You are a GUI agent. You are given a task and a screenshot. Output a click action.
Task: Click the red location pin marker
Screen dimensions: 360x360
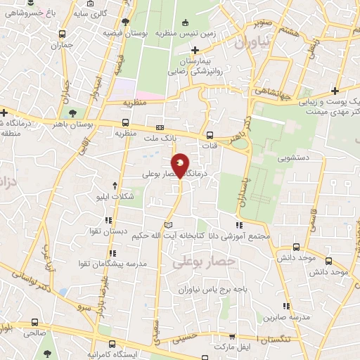point(181,165)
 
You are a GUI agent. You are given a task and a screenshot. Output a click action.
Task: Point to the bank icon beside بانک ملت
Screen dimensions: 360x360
point(160,127)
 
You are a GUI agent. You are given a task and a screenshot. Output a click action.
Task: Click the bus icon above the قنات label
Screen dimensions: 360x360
point(209,135)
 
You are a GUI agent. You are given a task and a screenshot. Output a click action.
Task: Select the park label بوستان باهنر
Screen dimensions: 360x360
point(72,124)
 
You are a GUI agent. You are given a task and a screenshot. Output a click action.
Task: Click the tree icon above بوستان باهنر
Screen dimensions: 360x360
point(72,112)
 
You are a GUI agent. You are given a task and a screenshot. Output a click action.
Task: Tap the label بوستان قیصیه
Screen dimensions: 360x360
point(124,32)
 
